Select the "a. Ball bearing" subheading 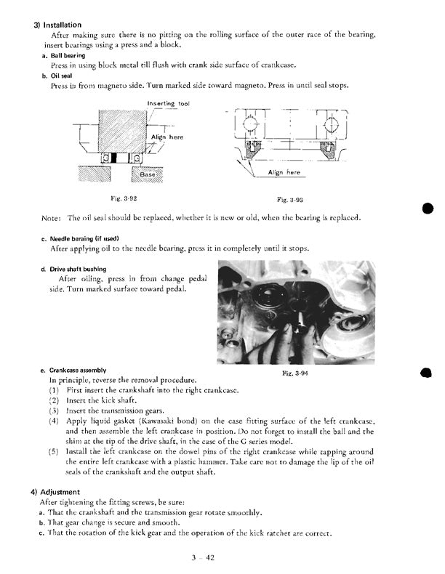pyautogui.click(x=63, y=55)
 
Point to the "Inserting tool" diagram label pyautogui.click(x=168, y=104)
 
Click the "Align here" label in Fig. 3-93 pyautogui.click(x=284, y=173)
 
